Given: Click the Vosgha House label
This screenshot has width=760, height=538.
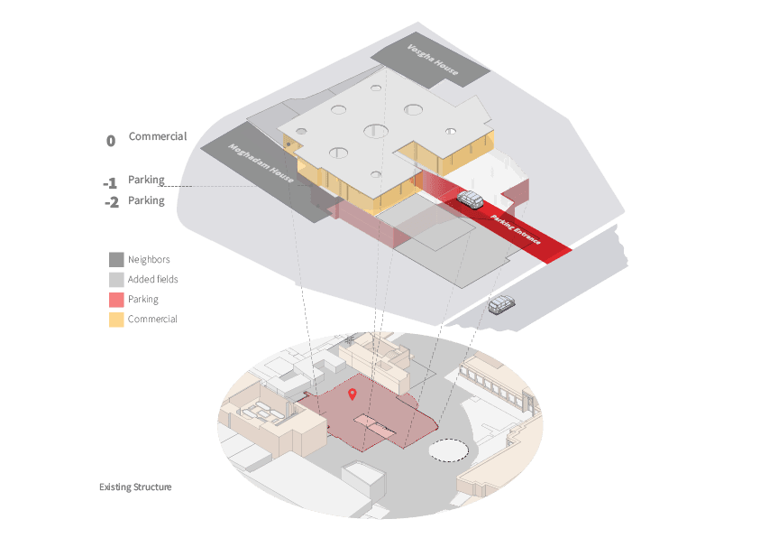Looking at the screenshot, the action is click(x=433, y=60).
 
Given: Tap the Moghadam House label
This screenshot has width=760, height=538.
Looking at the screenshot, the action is click(x=261, y=163).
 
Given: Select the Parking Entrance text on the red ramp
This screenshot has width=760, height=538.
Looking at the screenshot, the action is click(x=515, y=229).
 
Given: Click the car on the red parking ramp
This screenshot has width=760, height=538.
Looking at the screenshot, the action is click(x=470, y=199).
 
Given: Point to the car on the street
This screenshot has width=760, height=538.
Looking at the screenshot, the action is click(x=501, y=304).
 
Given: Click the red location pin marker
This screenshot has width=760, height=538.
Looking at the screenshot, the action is click(x=353, y=394).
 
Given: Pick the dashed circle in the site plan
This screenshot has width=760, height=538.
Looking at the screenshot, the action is click(x=448, y=450).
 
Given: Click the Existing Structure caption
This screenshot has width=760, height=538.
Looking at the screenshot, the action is click(x=135, y=487).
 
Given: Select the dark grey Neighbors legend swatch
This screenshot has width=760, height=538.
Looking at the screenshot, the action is click(x=116, y=260).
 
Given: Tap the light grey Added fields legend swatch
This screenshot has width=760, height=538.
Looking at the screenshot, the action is click(x=116, y=280).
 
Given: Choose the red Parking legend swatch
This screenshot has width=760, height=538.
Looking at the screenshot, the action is click(x=116, y=300).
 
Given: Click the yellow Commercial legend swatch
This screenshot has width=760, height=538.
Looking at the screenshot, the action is click(x=116, y=320).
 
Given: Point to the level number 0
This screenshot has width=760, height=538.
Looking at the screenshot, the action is click(x=111, y=141).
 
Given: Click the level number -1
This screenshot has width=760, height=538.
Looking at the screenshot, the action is click(x=110, y=183).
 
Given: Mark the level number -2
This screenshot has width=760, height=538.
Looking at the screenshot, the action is click(x=112, y=202).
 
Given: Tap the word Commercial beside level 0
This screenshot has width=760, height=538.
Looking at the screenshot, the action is click(x=158, y=136).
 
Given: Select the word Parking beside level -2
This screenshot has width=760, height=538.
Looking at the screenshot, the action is click(x=146, y=200).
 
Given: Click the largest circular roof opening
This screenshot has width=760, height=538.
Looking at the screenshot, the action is click(x=376, y=131).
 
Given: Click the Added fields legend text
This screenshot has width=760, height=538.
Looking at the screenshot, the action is click(x=152, y=280).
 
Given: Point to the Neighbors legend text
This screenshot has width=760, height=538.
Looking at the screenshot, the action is click(x=149, y=260).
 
